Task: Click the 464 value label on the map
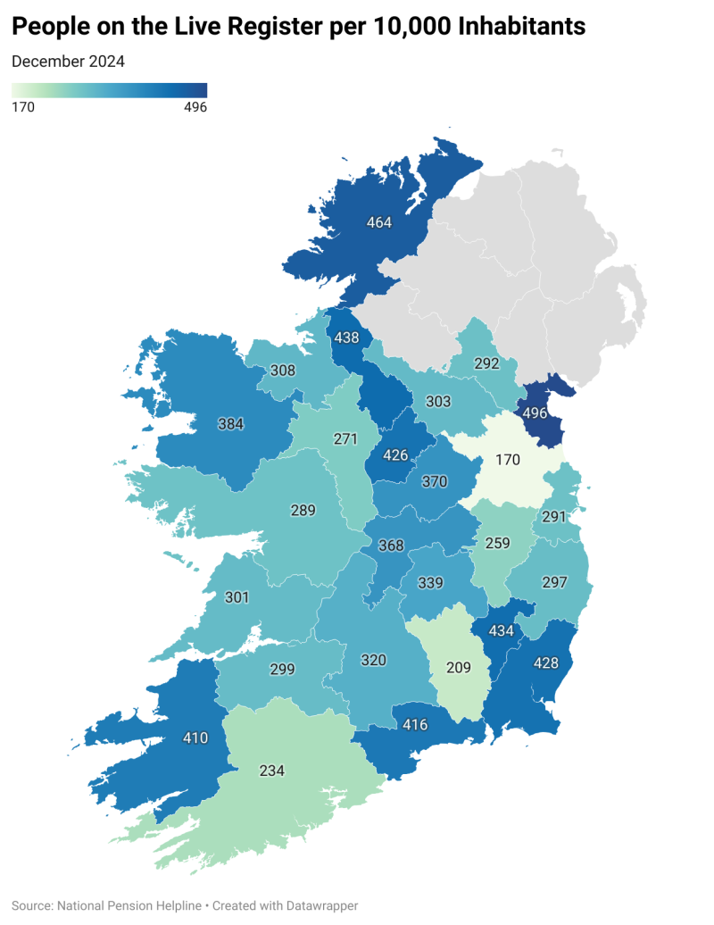tap(379, 222)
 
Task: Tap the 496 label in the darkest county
tap(535, 413)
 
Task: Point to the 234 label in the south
tap(272, 770)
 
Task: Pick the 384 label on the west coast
tap(230, 424)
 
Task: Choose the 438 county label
tap(346, 338)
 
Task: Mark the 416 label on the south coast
tap(415, 724)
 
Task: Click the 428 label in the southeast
tap(545, 662)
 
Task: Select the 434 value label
tap(502, 631)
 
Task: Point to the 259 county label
tap(497, 542)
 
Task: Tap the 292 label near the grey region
tap(486, 364)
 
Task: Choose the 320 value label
tap(373, 661)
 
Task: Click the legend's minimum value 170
tap(22, 107)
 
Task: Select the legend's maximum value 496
tap(195, 107)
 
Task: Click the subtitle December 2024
tap(68, 62)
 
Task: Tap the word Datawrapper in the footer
tap(316, 905)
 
